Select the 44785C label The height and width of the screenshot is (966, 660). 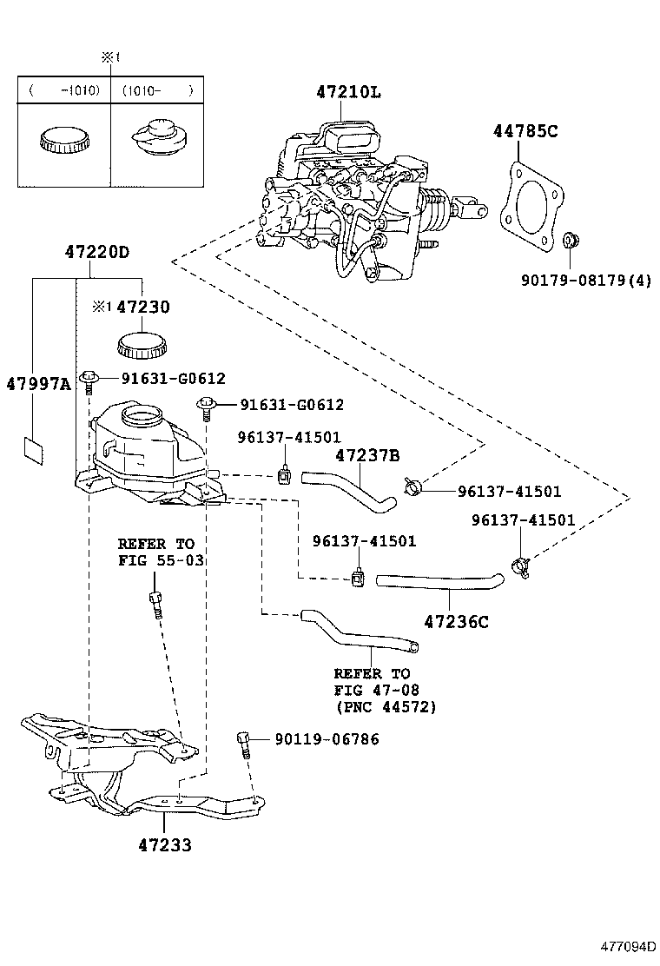(525, 132)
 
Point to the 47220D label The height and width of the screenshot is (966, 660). (96, 253)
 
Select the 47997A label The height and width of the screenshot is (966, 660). (38, 384)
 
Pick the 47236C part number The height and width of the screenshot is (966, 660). (457, 621)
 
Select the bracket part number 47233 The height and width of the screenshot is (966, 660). (164, 844)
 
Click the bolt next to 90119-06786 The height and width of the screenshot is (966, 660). (244, 743)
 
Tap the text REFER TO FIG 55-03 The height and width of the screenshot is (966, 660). (161, 552)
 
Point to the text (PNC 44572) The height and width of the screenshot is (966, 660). (386, 707)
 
